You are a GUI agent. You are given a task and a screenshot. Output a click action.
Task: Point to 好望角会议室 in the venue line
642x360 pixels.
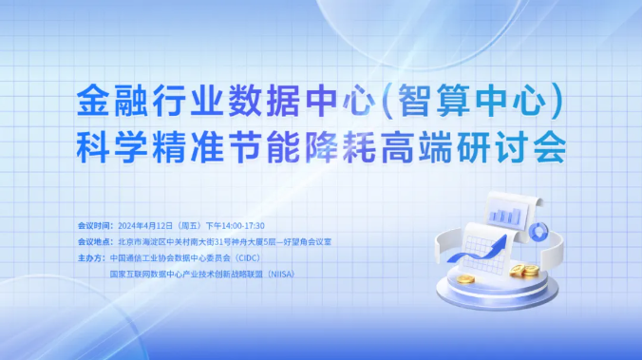(309, 241)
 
